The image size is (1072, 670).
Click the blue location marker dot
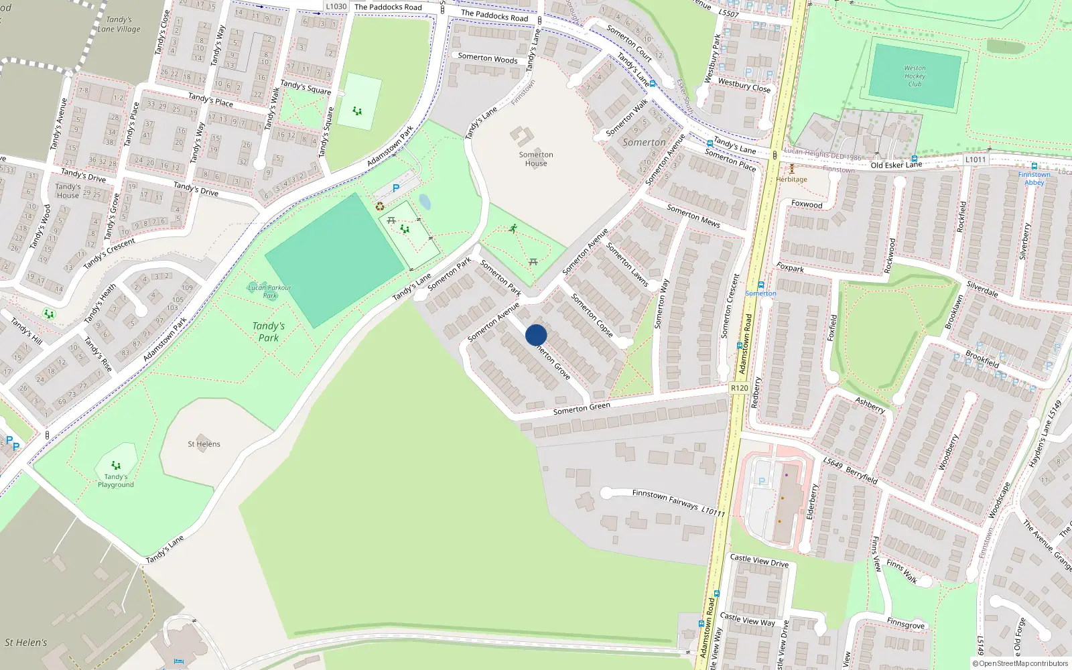536,335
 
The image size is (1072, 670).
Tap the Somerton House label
536,159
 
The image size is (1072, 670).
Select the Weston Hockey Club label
915,76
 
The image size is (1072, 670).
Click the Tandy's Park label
268,332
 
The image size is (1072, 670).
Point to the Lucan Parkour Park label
269,291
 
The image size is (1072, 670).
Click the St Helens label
204,444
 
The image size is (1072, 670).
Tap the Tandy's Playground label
116,480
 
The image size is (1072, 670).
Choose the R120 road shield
739,388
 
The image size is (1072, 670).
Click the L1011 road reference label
976,159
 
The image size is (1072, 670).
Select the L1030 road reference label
336,7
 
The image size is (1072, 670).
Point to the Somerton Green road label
582,408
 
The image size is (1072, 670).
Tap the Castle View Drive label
759,560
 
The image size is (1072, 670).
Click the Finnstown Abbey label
1034,178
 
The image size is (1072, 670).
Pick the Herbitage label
791,179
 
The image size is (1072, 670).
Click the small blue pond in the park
425,201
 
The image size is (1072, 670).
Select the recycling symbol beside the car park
380,207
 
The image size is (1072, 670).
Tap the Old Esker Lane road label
896,165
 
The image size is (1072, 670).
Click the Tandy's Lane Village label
119,24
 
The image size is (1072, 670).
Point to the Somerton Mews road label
693,216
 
